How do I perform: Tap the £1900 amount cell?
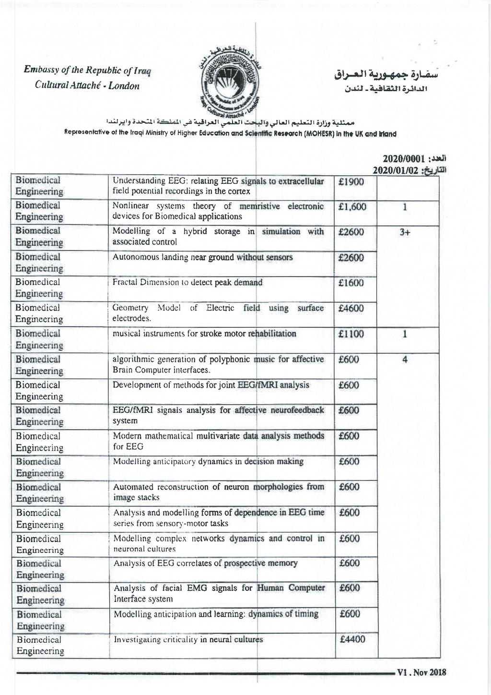(x=351, y=182)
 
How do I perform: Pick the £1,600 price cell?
(x=352, y=207)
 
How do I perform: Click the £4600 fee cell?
(x=351, y=308)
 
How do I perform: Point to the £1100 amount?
(x=351, y=334)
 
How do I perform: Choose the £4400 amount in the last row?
(x=352, y=639)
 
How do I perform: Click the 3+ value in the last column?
(x=405, y=232)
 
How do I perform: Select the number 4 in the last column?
(x=405, y=359)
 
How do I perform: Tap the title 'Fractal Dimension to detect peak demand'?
(x=187, y=282)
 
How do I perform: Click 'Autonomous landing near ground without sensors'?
(x=202, y=257)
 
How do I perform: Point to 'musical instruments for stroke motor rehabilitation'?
(x=204, y=334)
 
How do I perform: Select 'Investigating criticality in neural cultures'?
(x=188, y=639)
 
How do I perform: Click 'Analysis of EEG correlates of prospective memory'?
(x=205, y=563)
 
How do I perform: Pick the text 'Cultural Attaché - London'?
(x=87, y=86)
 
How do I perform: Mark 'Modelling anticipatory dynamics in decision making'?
(x=208, y=462)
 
